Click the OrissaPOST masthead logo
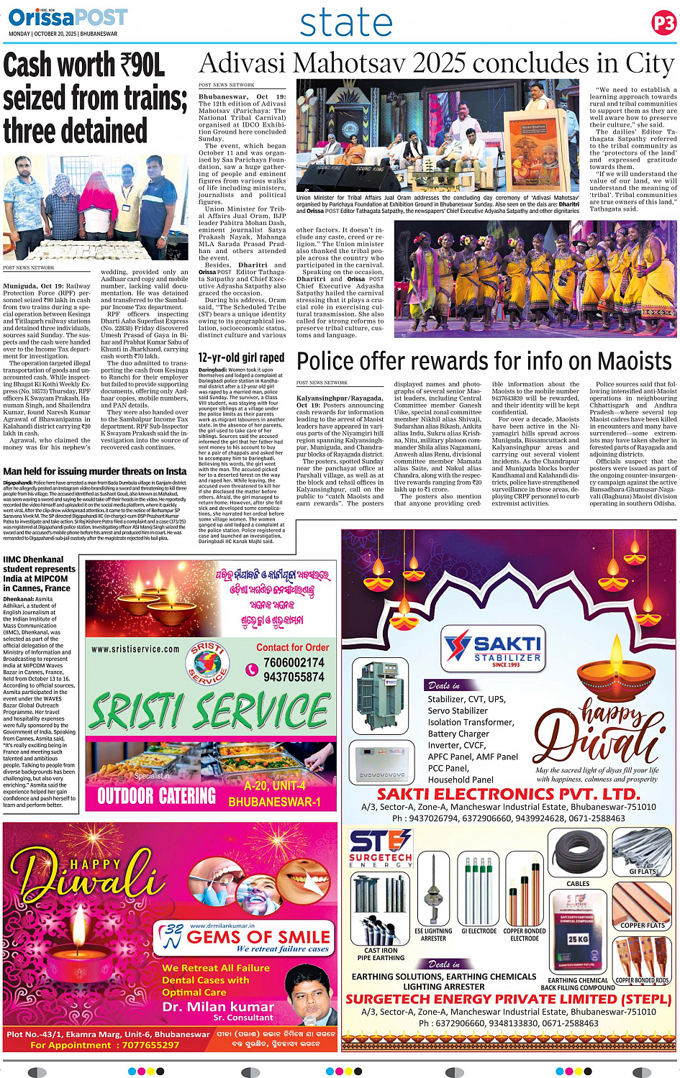point(68,17)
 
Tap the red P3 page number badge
point(663,24)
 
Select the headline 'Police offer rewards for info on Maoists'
point(484,361)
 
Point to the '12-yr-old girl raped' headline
point(241,357)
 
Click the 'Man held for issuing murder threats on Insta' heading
point(94,471)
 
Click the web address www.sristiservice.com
point(135,649)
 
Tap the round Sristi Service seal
point(207,663)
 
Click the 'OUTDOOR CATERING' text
point(156,795)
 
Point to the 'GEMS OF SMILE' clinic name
point(258,937)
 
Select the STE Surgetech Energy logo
point(380,847)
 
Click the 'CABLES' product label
point(577,883)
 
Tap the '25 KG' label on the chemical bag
point(578,938)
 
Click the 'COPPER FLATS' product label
point(643,925)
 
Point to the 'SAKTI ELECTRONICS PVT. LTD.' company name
point(508,794)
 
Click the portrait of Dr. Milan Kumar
point(311,995)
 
